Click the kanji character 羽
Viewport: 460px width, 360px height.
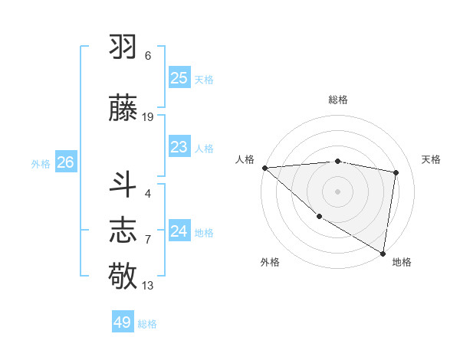point(123,46)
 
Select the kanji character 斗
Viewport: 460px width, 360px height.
point(123,184)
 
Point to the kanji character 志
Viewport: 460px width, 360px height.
point(123,229)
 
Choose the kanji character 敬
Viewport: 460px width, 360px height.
point(123,275)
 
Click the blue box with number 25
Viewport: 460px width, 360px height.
point(179,78)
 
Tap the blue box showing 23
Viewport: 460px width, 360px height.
point(179,147)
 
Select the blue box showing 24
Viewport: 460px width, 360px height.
point(179,231)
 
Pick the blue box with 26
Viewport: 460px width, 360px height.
point(65,162)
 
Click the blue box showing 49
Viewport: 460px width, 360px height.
point(123,322)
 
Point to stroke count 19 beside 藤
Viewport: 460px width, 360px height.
point(148,117)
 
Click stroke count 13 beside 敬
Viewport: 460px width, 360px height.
point(148,286)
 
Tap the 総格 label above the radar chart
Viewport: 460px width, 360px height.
point(337,100)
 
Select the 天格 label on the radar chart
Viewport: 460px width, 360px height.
point(432,159)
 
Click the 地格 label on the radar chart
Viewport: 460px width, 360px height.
point(402,262)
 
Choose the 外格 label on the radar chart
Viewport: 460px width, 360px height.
point(270,262)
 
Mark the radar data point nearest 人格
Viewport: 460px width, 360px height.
point(264,168)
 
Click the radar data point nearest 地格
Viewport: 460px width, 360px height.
point(383,253)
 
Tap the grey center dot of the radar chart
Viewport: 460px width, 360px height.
point(337,191)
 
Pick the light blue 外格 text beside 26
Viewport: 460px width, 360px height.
point(41,163)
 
